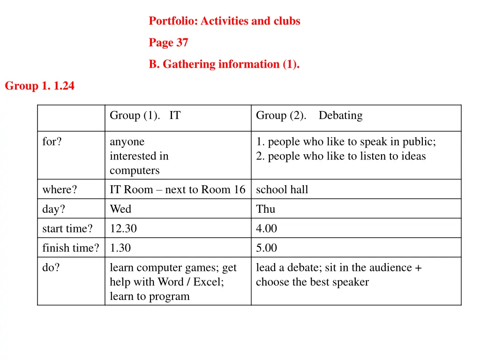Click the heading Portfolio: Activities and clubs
(x=225, y=21)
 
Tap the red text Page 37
(x=168, y=43)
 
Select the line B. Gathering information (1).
(x=224, y=64)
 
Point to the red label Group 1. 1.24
(x=39, y=86)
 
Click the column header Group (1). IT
(x=145, y=116)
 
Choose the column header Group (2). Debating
(x=309, y=116)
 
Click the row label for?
(x=52, y=142)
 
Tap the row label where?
(x=60, y=190)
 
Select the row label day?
(x=54, y=209)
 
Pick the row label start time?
(x=67, y=229)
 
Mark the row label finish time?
(x=71, y=248)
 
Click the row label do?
(x=51, y=268)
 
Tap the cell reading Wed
(x=120, y=209)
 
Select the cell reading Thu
(x=265, y=209)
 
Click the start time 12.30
(x=123, y=229)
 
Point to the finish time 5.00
(x=266, y=248)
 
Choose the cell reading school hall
(x=282, y=190)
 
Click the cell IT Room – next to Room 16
(x=177, y=190)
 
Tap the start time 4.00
(x=266, y=229)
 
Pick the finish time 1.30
(x=120, y=248)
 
